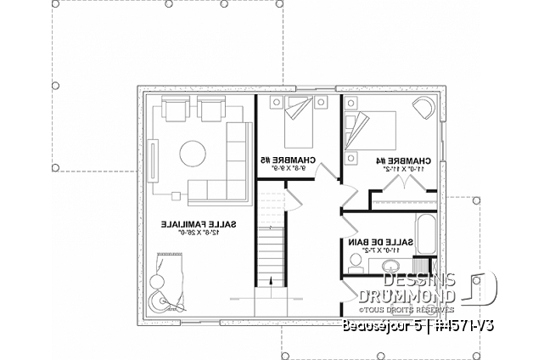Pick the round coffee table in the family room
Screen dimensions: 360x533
click(x=191, y=155)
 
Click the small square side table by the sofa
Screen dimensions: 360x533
click(x=177, y=194)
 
